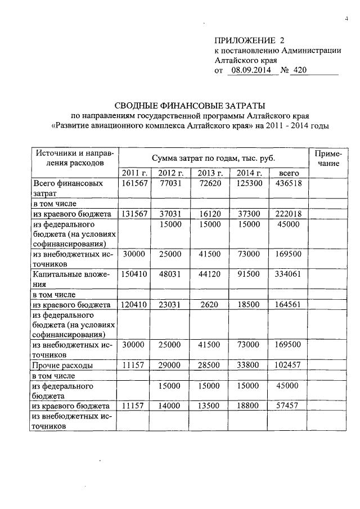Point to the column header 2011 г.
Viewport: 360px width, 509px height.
click(x=133, y=173)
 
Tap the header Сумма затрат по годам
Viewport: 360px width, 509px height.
click(x=213, y=157)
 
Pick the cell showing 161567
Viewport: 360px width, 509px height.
click(x=133, y=183)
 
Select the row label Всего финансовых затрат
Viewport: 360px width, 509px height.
click(x=67, y=188)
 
